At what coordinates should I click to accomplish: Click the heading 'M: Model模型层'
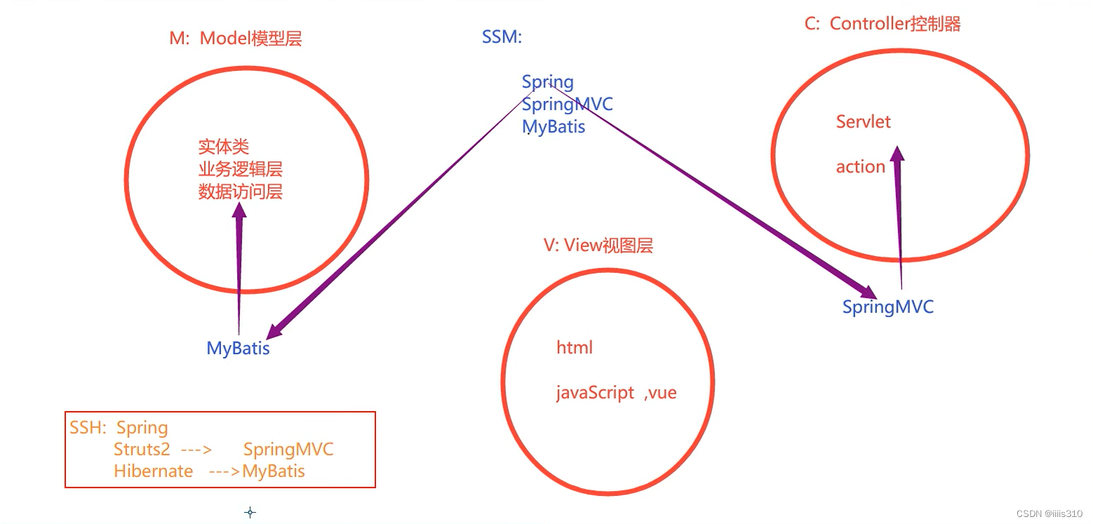236,39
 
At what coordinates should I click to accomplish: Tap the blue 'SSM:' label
502,37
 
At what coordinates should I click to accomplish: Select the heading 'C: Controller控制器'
883,24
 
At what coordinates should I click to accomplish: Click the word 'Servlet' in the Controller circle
863,121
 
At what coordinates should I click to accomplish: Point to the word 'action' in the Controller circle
860,167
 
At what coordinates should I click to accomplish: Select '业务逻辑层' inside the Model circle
240,169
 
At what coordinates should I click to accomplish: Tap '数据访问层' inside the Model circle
240,192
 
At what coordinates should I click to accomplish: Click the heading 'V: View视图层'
598,246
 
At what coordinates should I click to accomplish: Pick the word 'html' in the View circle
574,347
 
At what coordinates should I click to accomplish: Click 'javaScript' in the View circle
595,392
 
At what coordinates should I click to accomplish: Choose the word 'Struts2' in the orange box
142,449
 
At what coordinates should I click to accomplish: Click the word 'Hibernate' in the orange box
153,471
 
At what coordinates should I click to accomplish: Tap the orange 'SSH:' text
87,428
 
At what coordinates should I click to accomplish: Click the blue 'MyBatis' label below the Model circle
238,349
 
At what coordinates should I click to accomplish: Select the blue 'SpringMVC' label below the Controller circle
888,307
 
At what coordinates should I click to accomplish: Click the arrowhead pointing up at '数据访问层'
240,211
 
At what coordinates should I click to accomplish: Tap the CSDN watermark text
1043,513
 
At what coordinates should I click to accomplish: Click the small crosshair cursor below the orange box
250,512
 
